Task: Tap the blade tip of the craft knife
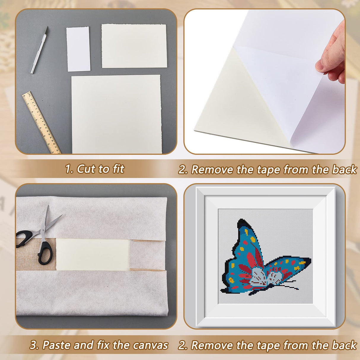pyautogui.click(x=47, y=28)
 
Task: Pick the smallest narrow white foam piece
pyautogui.click(x=78, y=49)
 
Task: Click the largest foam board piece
pyautogui.click(x=116, y=114)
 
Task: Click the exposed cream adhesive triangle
pyautogui.click(x=234, y=104)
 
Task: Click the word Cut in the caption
pyautogui.click(x=86, y=169)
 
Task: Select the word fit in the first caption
pyautogui.click(x=118, y=169)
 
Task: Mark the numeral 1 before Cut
pyautogui.click(x=68, y=169)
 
